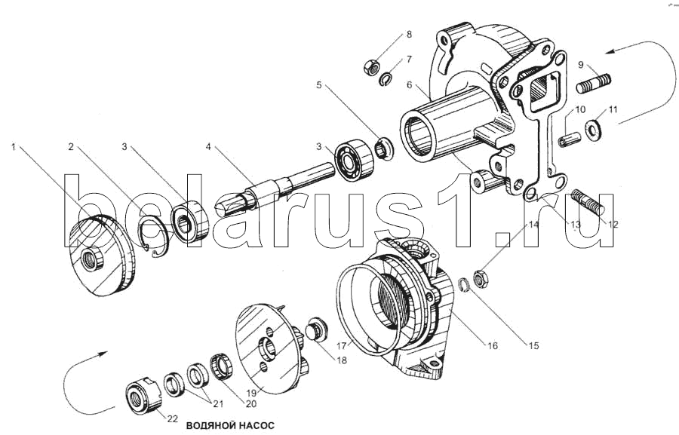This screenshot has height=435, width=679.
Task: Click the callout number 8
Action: pos(409,35)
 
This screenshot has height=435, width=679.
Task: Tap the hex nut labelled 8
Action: pos(371,68)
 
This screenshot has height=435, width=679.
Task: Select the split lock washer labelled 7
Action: pos(386,80)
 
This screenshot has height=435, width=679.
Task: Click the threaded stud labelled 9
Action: pos(594,84)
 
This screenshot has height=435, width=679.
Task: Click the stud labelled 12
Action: pos(588,202)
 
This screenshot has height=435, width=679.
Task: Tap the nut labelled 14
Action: pos(481,279)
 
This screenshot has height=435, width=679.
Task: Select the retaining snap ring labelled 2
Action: pos(153,237)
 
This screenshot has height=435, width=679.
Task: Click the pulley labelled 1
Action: pos(102,256)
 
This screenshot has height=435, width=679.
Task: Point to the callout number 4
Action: pos(208,147)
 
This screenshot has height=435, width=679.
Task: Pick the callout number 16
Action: pos(493,345)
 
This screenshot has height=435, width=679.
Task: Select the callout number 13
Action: pos(575,224)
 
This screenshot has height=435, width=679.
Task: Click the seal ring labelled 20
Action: pos(221,366)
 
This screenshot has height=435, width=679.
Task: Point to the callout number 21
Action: pos(218,403)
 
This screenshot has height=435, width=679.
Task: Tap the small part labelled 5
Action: pos(384,149)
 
